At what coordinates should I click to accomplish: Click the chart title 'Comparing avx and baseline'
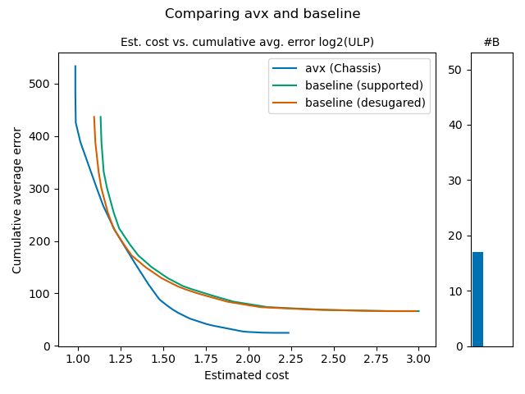pyautogui.click(x=262, y=14)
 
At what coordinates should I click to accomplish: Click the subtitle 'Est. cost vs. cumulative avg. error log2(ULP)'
pyautogui.click(x=253, y=42)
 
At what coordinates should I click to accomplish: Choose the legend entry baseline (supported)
pyautogui.click(x=363, y=85)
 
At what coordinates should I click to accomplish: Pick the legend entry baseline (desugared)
pyautogui.click(x=365, y=103)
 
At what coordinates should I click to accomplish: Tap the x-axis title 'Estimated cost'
pyautogui.click(x=247, y=376)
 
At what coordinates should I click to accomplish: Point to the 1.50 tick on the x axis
pyautogui.click(x=163, y=360)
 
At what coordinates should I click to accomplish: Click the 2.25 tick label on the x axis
pyautogui.click(x=290, y=360)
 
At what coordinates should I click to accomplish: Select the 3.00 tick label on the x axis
pyautogui.click(x=418, y=360)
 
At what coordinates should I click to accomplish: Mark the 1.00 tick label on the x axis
pyautogui.click(x=78, y=360)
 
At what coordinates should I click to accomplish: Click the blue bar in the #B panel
pyautogui.click(x=477, y=300)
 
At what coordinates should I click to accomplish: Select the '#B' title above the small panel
pyautogui.click(x=491, y=42)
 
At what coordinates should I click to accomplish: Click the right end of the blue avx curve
pyautogui.click(x=289, y=332)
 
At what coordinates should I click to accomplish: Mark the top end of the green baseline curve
pyautogui.click(x=100, y=117)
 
